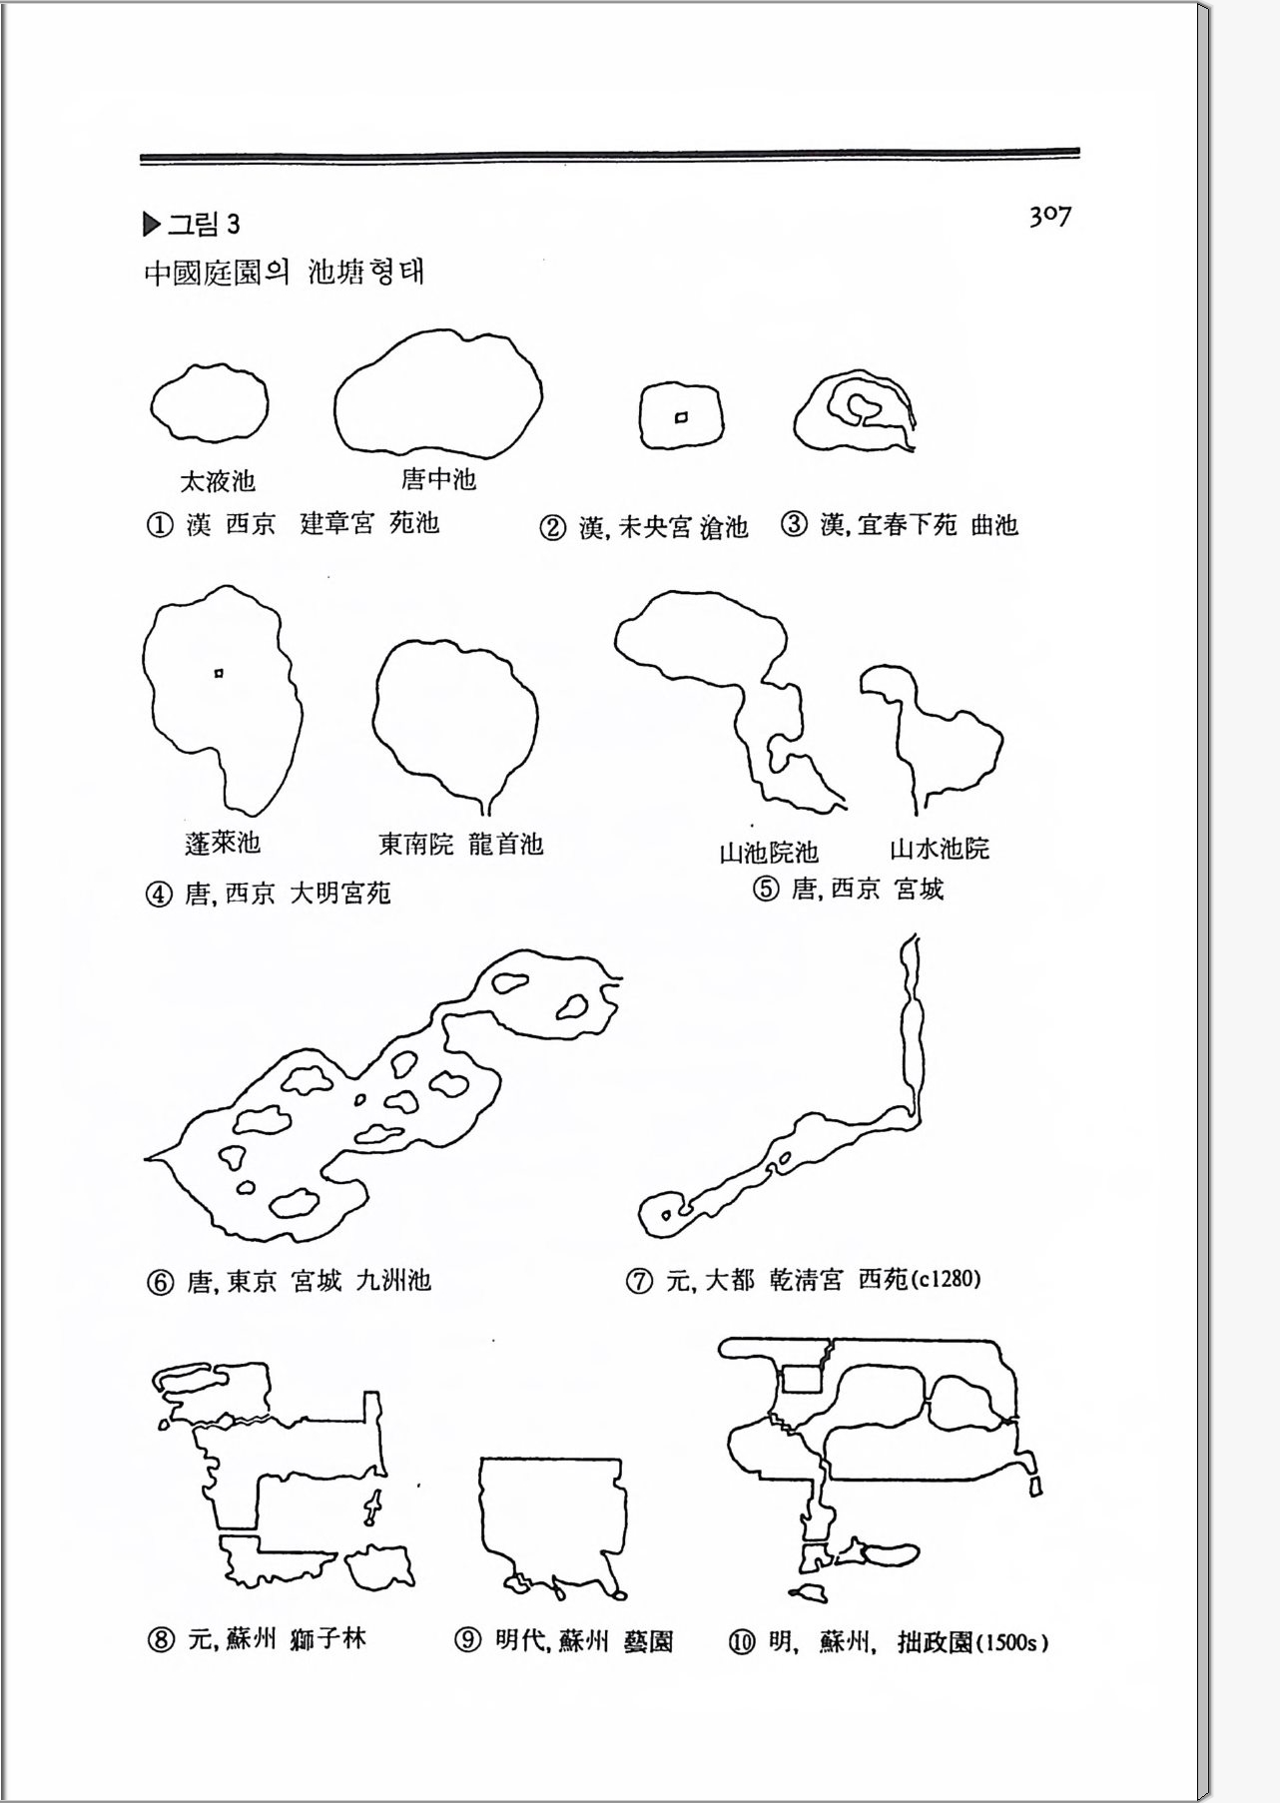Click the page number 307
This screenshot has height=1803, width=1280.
click(x=1049, y=216)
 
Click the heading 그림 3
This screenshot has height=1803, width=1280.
click(x=204, y=224)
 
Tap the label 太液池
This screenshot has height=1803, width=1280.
click(x=218, y=481)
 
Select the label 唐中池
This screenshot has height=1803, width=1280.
click(x=438, y=479)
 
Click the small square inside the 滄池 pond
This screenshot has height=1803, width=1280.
click(x=681, y=417)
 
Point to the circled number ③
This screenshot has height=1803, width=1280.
click(x=794, y=524)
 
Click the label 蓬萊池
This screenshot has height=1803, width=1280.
click(x=223, y=843)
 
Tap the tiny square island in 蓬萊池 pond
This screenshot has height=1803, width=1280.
click(x=219, y=674)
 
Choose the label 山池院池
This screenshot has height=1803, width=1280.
click(x=769, y=852)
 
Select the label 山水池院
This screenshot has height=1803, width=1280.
click(x=940, y=849)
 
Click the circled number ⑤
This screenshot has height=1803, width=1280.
click(x=766, y=889)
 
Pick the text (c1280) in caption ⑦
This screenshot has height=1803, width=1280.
click(x=945, y=1278)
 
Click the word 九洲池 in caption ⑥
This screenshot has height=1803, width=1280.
click(x=393, y=1280)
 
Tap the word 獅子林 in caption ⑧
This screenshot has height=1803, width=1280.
click(x=327, y=1639)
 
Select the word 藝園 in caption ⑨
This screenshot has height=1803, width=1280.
click(x=647, y=1641)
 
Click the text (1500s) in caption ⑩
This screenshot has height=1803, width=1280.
click(x=1011, y=1642)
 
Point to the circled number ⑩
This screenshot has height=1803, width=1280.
click(x=741, y=1642)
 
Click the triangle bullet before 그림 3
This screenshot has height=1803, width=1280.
click(x=152, y=225)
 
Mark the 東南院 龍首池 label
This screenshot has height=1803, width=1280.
click(x=461, y=845)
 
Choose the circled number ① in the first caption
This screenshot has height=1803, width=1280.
click(x=160, y=525)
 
